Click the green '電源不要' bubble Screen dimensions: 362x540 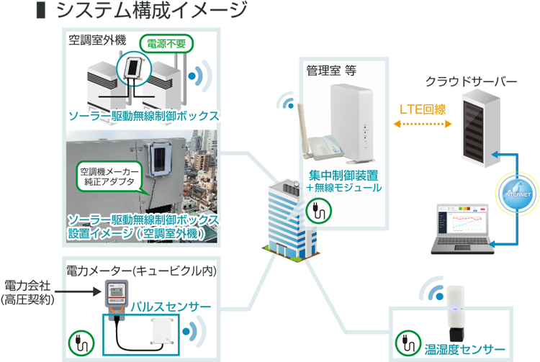(168, 42)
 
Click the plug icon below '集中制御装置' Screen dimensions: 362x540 (316, 209)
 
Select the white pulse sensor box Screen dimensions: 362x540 (161, 334)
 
